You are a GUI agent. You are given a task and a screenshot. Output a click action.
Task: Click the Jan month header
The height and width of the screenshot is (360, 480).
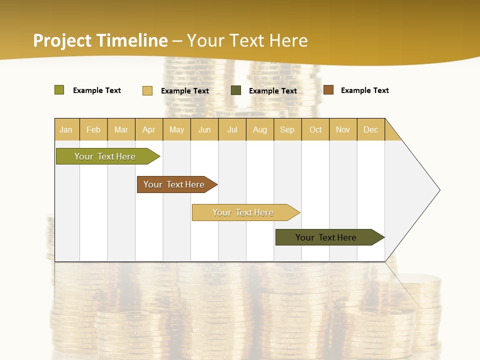tap(66, 129)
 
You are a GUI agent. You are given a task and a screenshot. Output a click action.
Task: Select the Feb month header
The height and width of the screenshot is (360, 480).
tap(93, 129)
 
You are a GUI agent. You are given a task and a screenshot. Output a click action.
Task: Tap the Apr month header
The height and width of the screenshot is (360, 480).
tap(148, 129)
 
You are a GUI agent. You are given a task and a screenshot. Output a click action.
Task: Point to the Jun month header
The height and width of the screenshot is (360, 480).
tap(204, 129)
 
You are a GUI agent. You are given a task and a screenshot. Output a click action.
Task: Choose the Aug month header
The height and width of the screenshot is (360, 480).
tap(259, 129)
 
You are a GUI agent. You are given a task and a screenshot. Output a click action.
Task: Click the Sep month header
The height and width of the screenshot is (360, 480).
tap(287, 129)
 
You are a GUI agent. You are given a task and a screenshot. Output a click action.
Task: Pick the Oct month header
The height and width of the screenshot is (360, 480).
tap(315, 129)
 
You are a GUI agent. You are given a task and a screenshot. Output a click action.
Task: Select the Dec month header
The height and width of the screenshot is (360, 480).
tap(370, 129)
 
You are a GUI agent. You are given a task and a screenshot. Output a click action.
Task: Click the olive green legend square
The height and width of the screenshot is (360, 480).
tap(59, 90)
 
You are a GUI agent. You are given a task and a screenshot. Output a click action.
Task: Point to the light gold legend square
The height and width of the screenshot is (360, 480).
tap(147, 90)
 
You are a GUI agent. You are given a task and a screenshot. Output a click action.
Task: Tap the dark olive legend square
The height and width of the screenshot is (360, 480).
tap(236, 90)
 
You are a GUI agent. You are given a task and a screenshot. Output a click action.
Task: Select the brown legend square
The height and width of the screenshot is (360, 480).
tap(328, 90)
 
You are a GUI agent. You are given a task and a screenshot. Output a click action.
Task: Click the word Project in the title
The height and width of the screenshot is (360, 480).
tap(62, 40)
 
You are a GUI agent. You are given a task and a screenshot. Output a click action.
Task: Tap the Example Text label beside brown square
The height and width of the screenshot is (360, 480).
tap(364, 90)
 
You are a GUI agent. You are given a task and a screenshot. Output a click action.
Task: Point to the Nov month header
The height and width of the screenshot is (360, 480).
tap(343, 129)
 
